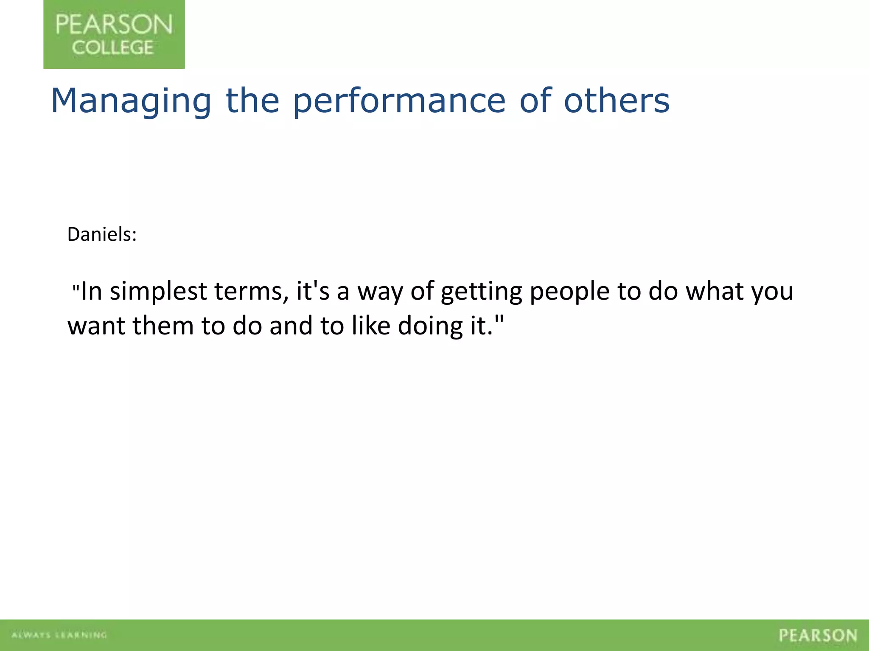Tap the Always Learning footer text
pyautogui.click(x=59, y=635)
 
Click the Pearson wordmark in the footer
pyautogui.click(x=818, y=635)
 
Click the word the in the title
pyautogui.click(x=252, y=101)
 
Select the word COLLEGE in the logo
pyautogui.click(x=112, y=47)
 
